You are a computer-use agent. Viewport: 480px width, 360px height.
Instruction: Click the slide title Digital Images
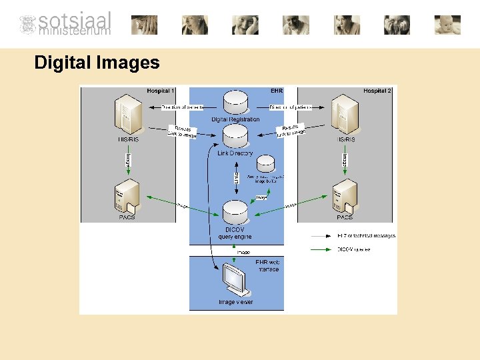click(x=97, y=63)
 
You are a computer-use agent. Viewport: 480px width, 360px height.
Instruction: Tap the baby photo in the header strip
click(x=447, y=25)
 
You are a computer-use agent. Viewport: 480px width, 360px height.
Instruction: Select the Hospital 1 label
click(x=161, y=91)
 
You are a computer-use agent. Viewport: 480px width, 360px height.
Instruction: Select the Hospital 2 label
click(x=377, y=91)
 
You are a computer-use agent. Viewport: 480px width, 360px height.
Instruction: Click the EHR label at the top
click(x=277, y=91)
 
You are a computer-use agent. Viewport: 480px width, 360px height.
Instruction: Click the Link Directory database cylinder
click(x=235, y=136)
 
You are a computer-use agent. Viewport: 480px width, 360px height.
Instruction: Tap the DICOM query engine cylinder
click(x=235, y=212)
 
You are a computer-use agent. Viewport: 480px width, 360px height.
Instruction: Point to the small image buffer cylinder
click(x=266, y=163)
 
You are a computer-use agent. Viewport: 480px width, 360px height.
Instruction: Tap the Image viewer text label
click(x=236, y=302)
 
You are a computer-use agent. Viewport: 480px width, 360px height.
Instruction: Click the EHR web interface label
click(x=268, y=265)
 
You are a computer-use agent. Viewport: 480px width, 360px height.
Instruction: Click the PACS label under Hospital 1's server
click(x=127, y=217)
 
